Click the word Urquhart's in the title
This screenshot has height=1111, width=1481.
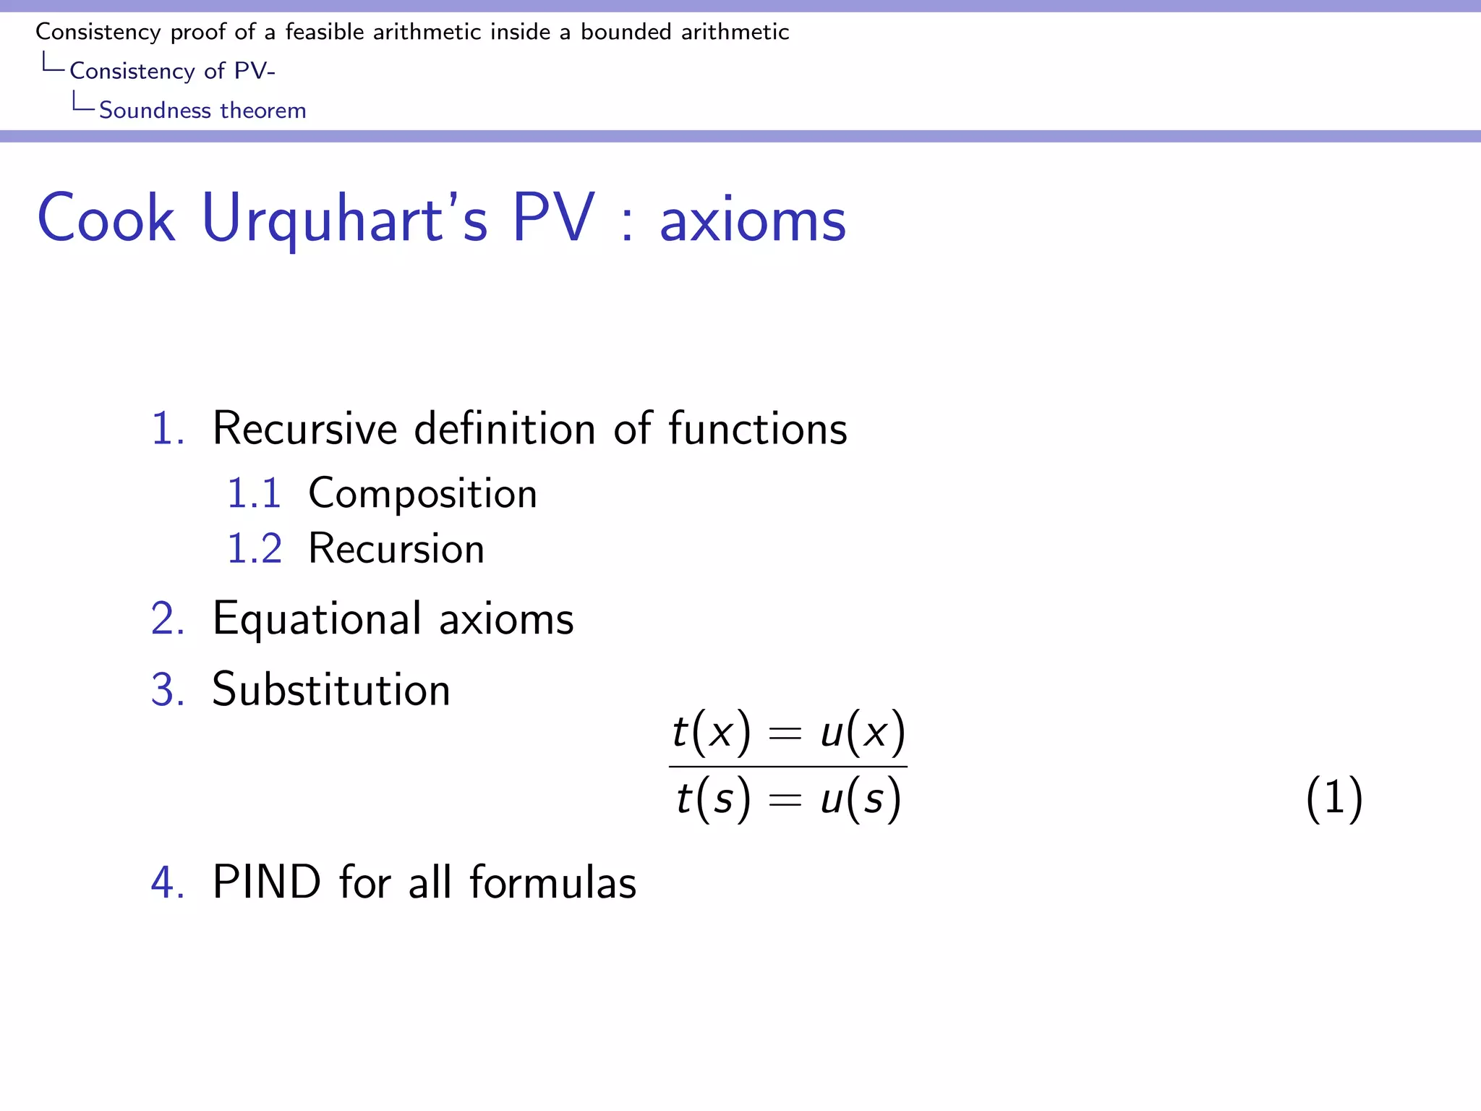345,219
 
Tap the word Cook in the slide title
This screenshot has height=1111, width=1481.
106,219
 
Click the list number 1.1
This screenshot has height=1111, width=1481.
254,494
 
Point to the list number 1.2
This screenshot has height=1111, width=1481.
254,549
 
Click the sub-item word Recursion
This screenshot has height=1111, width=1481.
396,549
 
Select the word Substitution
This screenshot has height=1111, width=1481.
331,689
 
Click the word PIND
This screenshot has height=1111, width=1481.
266,882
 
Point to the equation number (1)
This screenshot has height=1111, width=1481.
1334,799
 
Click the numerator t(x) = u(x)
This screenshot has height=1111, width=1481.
788,733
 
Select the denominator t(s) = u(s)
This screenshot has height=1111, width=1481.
788,799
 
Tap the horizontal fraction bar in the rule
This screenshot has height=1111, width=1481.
788,767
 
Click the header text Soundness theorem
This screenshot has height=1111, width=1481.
202,111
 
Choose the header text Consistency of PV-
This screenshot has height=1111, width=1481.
172,71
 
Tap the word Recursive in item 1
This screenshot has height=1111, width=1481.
304,429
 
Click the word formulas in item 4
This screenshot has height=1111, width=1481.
553,882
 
